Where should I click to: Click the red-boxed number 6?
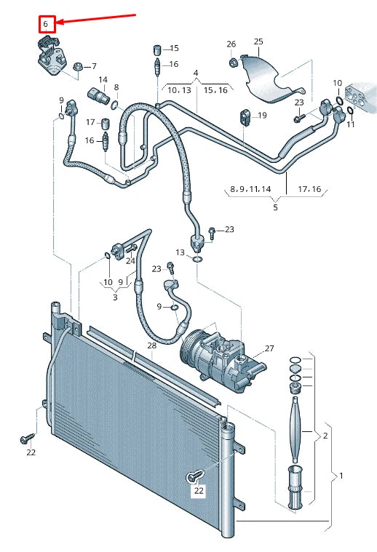(45, 24)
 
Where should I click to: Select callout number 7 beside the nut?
(93, 67)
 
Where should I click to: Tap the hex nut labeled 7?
(78, 68)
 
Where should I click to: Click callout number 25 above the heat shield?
(258, 42)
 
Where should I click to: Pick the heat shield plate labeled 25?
(266, 77)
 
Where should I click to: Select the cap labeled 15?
(155, 49)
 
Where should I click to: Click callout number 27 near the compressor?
(269, 349)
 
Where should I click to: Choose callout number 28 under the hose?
(151, 345)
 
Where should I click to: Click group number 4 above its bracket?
(195, 73)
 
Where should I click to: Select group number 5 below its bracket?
(275, 208)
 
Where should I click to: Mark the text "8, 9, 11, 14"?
(250, 189)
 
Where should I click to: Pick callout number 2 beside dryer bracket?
(325, 435)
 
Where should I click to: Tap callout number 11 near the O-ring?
(350, 124)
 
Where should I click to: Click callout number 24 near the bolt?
(130, 260)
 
